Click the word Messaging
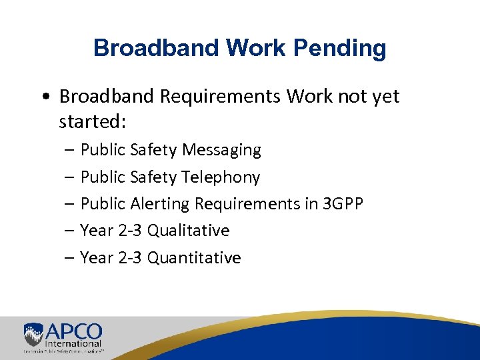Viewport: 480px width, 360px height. (221, 150)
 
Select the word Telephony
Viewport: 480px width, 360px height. (221, 177)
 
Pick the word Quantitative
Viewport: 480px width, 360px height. (194, 258)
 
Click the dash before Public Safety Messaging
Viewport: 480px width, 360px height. (70, 151)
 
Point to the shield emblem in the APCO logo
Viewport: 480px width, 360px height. (33, 333)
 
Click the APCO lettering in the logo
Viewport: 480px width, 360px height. (73, 331)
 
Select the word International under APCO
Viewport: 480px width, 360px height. (73, 343)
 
